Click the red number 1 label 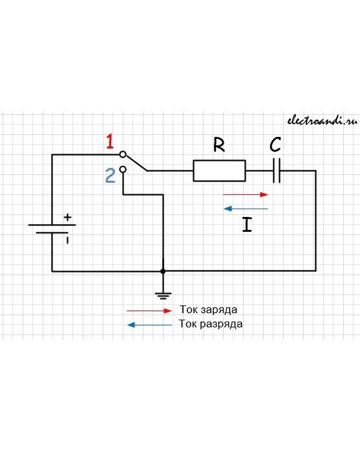[110, 141]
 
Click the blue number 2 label [110, 176]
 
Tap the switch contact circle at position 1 [123, 154]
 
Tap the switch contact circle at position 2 [123, 169]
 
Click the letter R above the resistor [219, 145]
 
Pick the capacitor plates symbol [277, 170]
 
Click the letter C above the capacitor [275, 145]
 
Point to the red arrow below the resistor [246, 194]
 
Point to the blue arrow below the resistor [246, 209]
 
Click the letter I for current [247, 225]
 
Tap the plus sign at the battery [67, 217]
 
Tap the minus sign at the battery [67, 240]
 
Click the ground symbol [163, 296]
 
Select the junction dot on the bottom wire [163, 271]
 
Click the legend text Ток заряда [208, 310]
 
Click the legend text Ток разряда [211, 324]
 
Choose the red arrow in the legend [149, 311]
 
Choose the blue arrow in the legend [149, 325]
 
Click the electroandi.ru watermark [323, 121]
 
